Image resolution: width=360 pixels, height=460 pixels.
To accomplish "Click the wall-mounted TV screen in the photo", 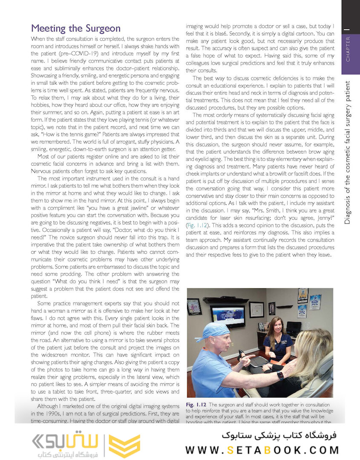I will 228,315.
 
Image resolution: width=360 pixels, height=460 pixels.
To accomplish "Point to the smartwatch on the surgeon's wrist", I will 280,375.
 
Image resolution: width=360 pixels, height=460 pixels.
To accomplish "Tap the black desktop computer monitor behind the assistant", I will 294,328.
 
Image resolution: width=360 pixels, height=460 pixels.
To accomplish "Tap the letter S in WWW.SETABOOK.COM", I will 230,450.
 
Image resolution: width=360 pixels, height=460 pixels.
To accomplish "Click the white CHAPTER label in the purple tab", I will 348,49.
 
